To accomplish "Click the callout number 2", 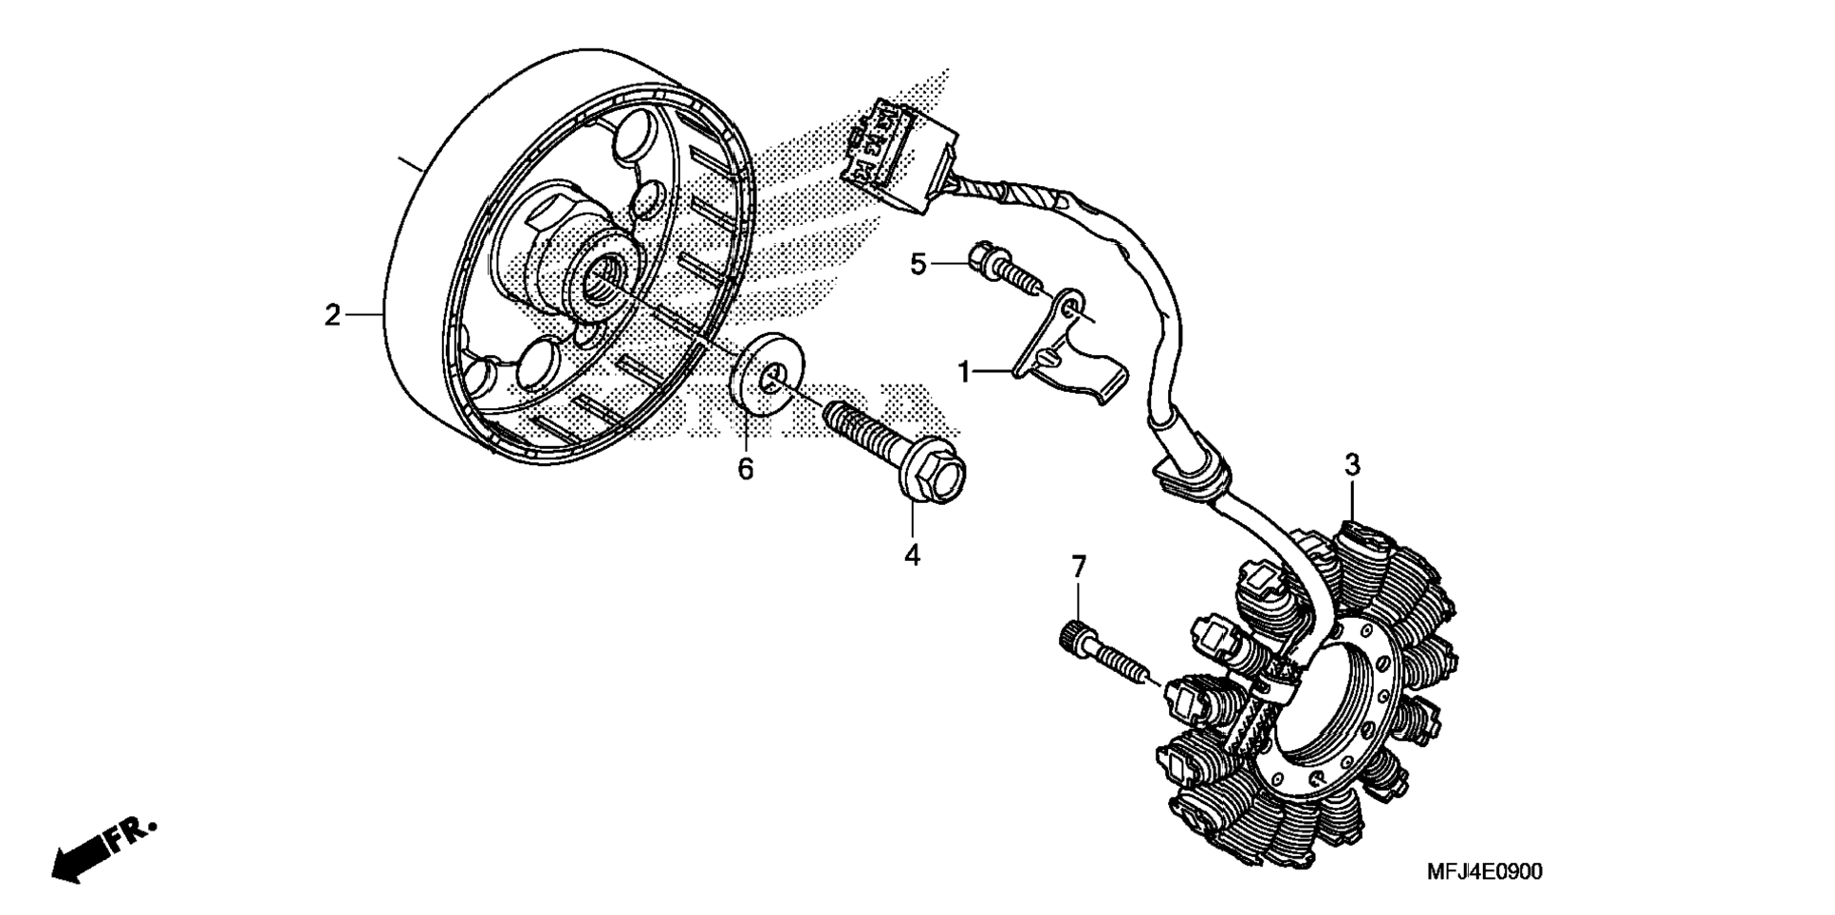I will (332, 314).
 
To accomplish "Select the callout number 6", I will (746, 468).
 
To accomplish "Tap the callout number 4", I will (912, 555).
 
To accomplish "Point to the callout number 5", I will (917, 264).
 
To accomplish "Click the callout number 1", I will (965, 372).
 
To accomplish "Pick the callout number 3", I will (1352, 465).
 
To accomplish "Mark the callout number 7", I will (1078, 568).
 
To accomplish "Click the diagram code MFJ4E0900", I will (1484, 871).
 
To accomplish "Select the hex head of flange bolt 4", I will (934, 478).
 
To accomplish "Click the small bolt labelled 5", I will (1004, 268).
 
